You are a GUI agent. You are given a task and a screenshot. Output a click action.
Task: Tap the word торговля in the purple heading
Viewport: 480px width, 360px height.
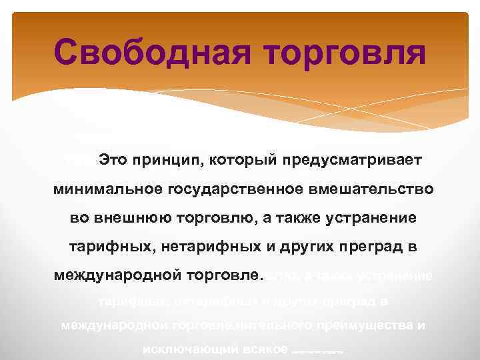click(339, 52)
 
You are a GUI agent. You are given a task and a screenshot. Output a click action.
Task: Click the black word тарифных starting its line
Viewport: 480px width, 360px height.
click(101, 247)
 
